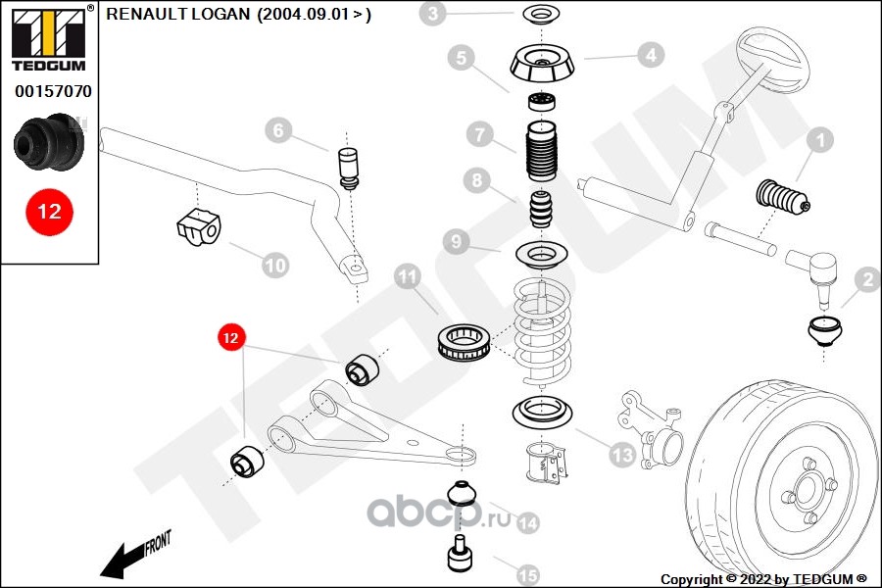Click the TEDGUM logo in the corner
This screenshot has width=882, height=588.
(x=48, y=39)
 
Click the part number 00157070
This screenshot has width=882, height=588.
(x=53, y=92)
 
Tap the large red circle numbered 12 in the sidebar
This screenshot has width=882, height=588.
(x=49, y=212)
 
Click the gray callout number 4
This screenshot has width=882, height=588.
(x=651, y=56)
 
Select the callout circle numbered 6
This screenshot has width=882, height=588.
(x=277, y=130)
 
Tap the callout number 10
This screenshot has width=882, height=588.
(x=275, y=264)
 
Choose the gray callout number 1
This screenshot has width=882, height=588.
(x=819, y=141)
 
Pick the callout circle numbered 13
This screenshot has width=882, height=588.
(x=621, y=454)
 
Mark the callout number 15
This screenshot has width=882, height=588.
(x=527, y=573)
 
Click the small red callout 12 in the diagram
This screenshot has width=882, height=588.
(x=230, y=338)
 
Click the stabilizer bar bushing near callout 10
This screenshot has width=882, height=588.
(x=199, y=226)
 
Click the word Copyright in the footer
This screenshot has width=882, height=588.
(x=693, y=579)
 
